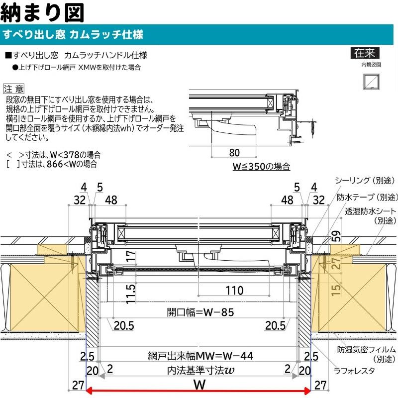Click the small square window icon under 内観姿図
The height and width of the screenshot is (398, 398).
coord(371,80)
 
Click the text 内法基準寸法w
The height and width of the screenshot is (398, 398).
coord(200,371)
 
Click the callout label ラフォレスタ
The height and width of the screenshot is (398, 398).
coord(355,370)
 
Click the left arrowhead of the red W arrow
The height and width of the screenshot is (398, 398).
coord(92,391)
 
